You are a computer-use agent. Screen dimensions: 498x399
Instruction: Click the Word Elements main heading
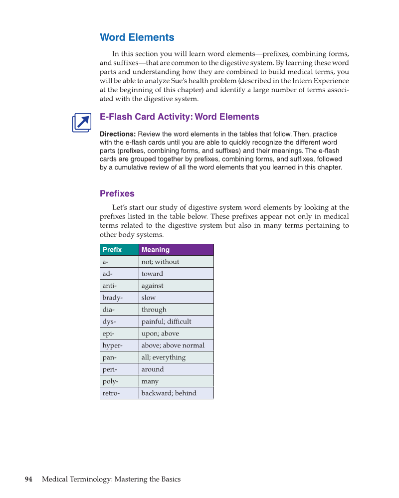(x=137, y=37)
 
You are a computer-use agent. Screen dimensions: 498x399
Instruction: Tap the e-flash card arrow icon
(x=82, y=123)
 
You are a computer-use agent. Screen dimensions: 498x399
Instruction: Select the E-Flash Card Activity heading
(x=180, y=117)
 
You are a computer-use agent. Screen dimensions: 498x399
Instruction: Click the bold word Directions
(x=118, y=134)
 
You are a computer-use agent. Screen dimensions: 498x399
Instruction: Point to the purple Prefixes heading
(x=117, y=193)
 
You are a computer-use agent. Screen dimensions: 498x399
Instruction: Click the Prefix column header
(x=119, y=250)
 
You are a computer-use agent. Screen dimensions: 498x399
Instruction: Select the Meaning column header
(x=176, y=250)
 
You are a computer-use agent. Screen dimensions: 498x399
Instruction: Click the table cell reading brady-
(x=119, y=298)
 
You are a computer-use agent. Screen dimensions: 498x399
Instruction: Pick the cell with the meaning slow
(x=176, y=298)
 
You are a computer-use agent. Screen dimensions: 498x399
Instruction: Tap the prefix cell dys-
(x=119, y=322)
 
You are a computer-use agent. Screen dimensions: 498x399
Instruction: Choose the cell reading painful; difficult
(x=176, y=322)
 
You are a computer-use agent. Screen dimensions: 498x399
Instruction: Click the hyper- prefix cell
(x=119, y=345)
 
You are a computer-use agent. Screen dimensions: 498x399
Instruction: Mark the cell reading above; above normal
(x=176, y=345)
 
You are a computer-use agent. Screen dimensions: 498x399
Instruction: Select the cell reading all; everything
(x=176, y=357)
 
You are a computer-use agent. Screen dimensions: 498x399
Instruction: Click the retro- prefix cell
(x=119, y=393)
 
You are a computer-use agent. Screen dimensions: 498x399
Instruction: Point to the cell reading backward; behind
(x=176, y=393)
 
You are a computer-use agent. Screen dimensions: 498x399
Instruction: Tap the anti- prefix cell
(x=119, y=286)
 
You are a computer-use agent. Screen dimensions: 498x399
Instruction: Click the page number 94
(x=29, y=480)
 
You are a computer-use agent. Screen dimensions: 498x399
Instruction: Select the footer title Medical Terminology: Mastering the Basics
(x=111, y=480)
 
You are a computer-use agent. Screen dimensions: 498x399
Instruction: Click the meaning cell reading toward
(x=176, y=274)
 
